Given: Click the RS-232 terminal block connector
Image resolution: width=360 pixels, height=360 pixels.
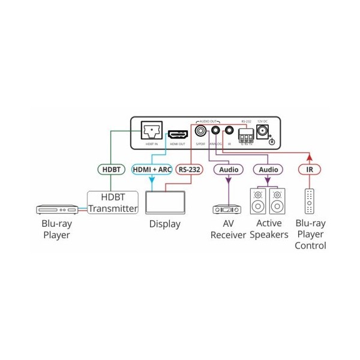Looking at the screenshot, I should [246, 134].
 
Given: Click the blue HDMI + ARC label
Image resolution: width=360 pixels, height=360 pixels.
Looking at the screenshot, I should [151, 170].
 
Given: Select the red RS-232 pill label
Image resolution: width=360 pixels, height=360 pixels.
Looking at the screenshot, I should [188, 170].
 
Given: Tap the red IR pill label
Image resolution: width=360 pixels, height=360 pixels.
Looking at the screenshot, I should [310, 170].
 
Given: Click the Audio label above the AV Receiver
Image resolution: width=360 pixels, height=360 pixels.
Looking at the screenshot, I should [229, 170].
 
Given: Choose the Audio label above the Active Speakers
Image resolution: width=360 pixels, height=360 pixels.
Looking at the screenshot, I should [268, 170].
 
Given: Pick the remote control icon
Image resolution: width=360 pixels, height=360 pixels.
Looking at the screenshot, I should [310, 202].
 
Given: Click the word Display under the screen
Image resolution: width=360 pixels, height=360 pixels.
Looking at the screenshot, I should [164, 224].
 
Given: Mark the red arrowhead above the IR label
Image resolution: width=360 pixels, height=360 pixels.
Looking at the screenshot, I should [310, 157].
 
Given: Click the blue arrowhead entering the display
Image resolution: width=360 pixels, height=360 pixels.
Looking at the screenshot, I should [151, 185].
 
